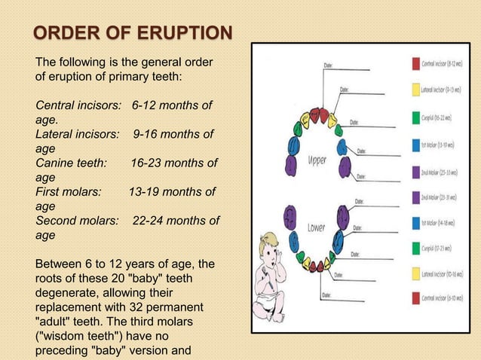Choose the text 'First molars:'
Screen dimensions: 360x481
click(x=69, y=192)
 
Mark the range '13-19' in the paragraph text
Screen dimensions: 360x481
click(x=145, y=192)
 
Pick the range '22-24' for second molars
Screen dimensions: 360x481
click(x=149, y=221)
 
